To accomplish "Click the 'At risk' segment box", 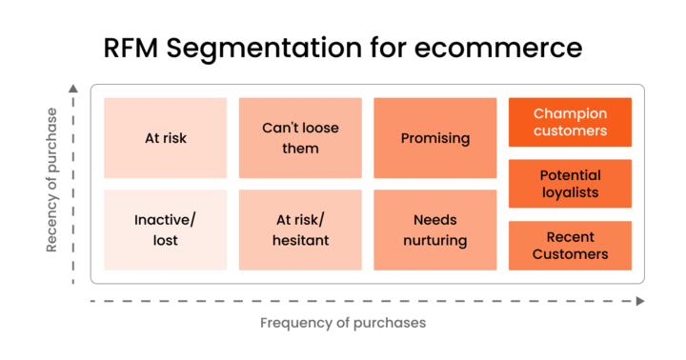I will tap(166, 138).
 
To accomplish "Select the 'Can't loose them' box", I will tap(300, 138).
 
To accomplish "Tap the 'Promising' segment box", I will tap(434, 138).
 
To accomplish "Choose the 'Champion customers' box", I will tap(570, 122).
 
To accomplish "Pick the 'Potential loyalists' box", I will tap(570, 184).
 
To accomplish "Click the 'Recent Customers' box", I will tap(570, 246).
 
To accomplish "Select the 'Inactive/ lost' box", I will tap(166, 230).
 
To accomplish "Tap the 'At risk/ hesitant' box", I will tap(300, 230).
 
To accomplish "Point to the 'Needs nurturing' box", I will tap(434, 230).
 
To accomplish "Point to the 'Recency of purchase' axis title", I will tap(51, 180).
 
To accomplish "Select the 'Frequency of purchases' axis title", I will tap(343, 323).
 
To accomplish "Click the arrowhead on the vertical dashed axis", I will tap(73, 89).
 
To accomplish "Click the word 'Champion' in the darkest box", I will tap(570, 114).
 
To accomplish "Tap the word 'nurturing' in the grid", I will tap(434, 239).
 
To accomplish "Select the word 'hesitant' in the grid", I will tap(300, 239).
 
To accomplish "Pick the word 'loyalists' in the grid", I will tap(570, 192).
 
